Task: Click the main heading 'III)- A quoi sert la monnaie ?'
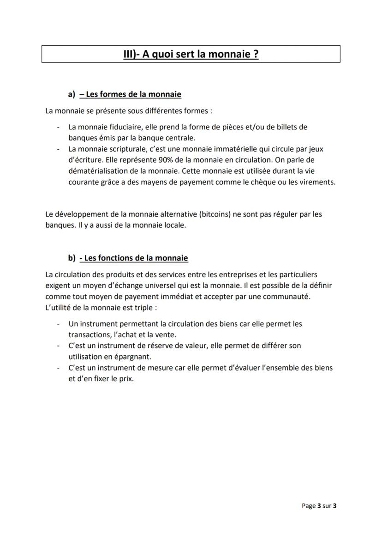pos(191,54)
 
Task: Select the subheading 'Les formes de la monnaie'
pos(130,94)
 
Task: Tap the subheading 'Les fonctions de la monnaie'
pos(133,258)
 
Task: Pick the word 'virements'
pos(318,182)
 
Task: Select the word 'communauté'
pos(289,297)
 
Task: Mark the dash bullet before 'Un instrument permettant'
pos(58,324)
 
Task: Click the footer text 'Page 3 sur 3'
pos(319,506)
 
